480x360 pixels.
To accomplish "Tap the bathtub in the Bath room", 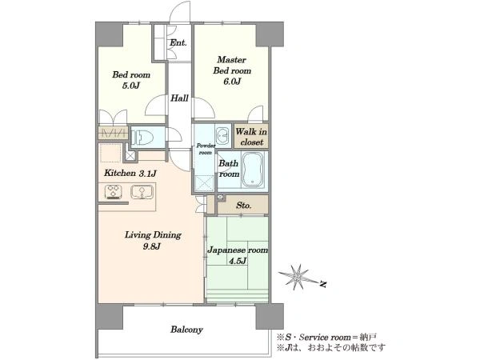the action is [x=252, y=170].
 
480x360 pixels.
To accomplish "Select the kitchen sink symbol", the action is [x=142, y=192].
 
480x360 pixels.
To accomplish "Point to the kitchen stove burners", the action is [x=114, y=192].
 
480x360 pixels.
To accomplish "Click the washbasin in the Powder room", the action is [x=222, y=134].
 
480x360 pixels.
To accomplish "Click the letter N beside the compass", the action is [x=322, y=284].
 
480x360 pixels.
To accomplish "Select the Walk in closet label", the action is [x=251, y=137].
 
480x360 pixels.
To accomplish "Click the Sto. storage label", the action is [x=244, y=205].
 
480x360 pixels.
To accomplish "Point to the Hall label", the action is [x=179, y=98].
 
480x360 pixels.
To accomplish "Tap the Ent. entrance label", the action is [x=178, y=42].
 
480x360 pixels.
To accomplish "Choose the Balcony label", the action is [x=186, y=330].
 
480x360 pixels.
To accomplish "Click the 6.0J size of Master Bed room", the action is [x=232, y=82].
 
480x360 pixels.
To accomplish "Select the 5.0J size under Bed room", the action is [x=131, y=86].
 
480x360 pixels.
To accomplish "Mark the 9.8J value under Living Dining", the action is [x=151, y=246].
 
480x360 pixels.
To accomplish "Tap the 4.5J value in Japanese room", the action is [x=238, y=261].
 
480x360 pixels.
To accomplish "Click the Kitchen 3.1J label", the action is [x=130, y=173].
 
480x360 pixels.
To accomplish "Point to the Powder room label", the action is [x=206, y=149].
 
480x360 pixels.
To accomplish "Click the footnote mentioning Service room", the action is [x=326, y=338].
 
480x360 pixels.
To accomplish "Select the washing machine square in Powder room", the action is [x=205, y=183].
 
